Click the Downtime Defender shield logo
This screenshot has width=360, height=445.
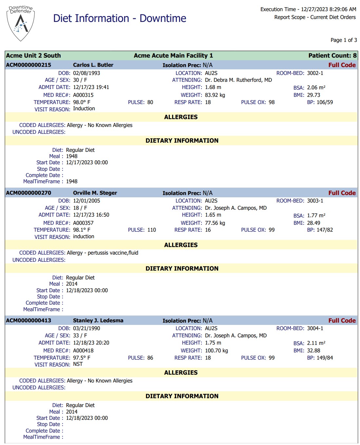click(21, 23)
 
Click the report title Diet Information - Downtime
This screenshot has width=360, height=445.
click(120, 18)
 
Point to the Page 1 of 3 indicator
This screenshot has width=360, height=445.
click(343, 40)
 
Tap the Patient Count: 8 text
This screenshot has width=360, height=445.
click(332, 56)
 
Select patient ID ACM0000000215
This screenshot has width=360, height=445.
click(28, 65)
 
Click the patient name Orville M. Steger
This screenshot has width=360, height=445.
click(95, 193)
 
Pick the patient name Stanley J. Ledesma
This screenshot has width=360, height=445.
click(98, 320)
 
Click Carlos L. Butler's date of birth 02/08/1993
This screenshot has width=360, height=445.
click(86, 73)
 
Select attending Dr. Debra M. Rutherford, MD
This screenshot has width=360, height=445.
click(238, 80)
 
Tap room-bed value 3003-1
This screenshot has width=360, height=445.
click(315, 201)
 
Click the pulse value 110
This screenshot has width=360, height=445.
click(152, 230)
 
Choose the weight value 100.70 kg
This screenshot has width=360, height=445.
click(216, 350)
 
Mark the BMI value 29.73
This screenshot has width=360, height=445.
click(313, 95)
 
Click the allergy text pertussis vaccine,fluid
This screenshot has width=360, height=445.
click(113, 253)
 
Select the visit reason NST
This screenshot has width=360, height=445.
click(78, 364)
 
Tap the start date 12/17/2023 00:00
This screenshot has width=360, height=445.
click(87, 162)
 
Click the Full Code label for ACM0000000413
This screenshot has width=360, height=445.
click(342, 321)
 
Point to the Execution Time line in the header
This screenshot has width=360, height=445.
click(308, 9)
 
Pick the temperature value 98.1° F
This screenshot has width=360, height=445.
click(82, 230)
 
